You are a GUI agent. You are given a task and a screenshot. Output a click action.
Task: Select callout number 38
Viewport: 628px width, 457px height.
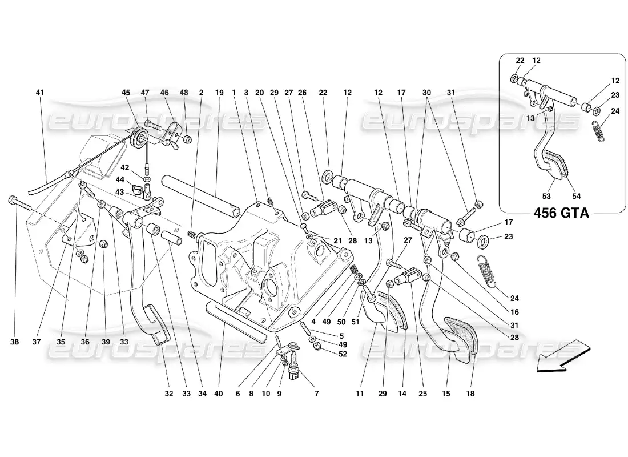point(14,343)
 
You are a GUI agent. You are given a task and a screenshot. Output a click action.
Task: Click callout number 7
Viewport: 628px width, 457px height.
point(316,394)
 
